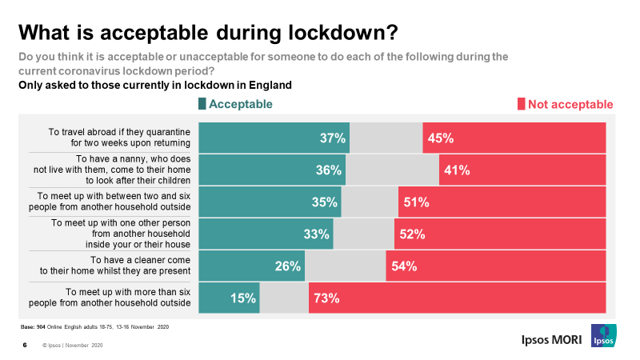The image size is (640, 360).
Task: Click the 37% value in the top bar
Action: click(332, 138)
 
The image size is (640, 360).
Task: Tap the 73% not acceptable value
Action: click(327, 298)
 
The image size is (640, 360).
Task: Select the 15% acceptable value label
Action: click(243, 298)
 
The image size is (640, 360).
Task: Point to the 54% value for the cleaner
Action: click(404, 266)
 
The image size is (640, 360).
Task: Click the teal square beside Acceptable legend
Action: click(202, 104)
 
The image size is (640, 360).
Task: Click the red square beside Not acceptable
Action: click(521, 104)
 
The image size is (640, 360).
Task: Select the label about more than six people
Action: click(128, 298)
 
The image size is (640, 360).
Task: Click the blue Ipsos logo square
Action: click(602, 337)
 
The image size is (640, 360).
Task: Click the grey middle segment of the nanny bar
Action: click(392, 170)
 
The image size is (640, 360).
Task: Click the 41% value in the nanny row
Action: click(457, 170)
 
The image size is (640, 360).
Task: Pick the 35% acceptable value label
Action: click(325, 202)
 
